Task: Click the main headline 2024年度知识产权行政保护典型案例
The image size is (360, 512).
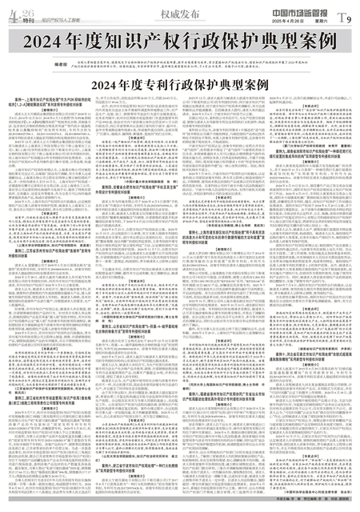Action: click(179, 41)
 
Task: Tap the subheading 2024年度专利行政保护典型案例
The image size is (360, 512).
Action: click(179, 83)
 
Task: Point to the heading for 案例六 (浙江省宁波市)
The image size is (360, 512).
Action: click(136, 480)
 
